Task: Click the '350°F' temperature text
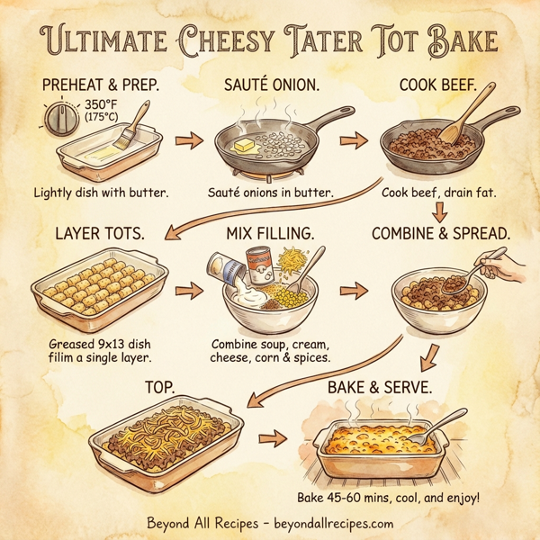pos(107,103)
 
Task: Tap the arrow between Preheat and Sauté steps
pos(186,141)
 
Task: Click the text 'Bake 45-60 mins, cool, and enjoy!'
pos(389,498)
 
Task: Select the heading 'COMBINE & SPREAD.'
pos(441,232)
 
